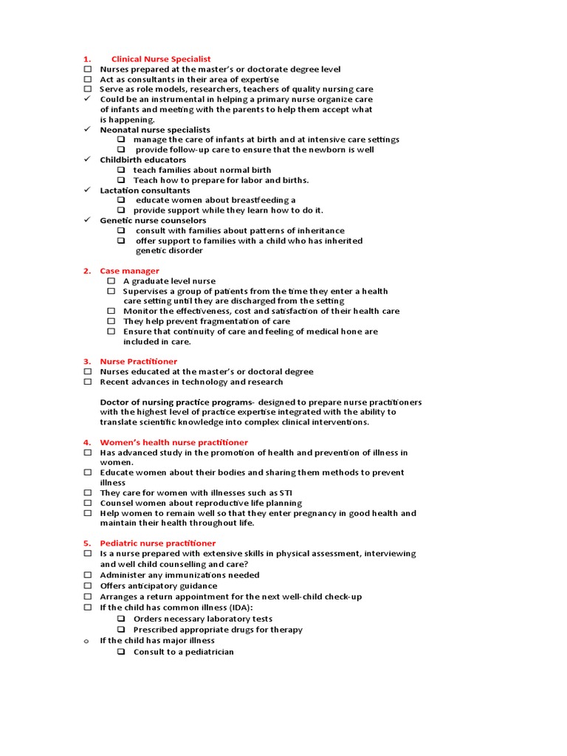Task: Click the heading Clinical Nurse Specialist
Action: (160, 59)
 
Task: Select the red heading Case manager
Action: (129, 271)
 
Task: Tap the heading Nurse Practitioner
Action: (138, 362)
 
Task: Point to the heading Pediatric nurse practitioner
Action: (157, 543)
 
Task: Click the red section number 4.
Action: (86, 442)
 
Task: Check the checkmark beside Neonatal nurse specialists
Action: (86, 129)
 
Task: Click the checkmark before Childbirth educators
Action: (86, 159)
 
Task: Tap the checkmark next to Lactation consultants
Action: (86, 190)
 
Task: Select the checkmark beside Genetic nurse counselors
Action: (86, 220)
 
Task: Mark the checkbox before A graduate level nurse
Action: (111, 281)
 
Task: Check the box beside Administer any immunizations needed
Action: (87, 575)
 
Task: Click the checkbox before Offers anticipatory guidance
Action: (87, 586)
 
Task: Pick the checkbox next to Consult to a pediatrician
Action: (121, 652)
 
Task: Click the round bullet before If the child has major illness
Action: (86, 641)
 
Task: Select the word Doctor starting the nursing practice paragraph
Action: (114, 402)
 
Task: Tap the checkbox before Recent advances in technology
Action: (87, 382)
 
